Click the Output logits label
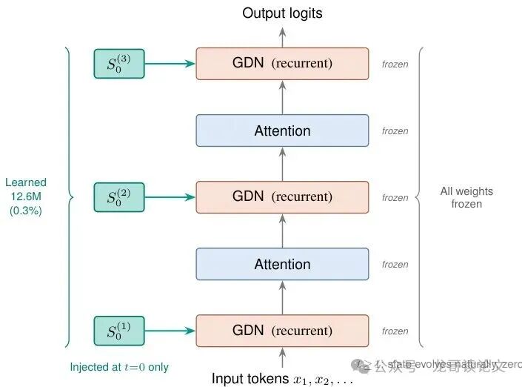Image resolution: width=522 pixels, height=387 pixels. (282, 13)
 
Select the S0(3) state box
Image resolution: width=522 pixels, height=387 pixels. (118, 64)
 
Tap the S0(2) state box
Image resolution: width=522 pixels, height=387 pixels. (118, 197)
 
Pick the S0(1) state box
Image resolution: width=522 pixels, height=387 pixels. (118, 331)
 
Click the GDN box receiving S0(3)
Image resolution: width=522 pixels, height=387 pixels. (282, 64)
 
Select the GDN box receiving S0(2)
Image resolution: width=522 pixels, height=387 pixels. (282, 197)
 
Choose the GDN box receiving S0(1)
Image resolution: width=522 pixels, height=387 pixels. (282, 331)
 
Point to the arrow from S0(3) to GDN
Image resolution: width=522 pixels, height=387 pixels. (170, 64)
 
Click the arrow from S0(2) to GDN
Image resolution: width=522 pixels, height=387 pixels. (170, 197)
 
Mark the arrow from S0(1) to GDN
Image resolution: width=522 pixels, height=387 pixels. (170, 331)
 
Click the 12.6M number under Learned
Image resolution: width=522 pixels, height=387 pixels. (26, 196)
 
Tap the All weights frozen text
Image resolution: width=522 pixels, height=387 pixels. (466, 197)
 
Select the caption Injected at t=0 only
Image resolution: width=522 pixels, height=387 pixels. (119, 367)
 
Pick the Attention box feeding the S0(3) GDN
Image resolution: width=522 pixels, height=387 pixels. (282, 130)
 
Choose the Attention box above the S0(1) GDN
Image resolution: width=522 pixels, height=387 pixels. (282, 264)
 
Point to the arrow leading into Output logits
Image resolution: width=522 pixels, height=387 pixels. (282, 35)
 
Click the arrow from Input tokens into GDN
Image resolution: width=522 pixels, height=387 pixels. (282, 358)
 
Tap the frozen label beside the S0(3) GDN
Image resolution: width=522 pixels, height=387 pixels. (395, 64)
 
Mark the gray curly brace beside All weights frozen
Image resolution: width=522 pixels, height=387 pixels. (422, 197)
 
